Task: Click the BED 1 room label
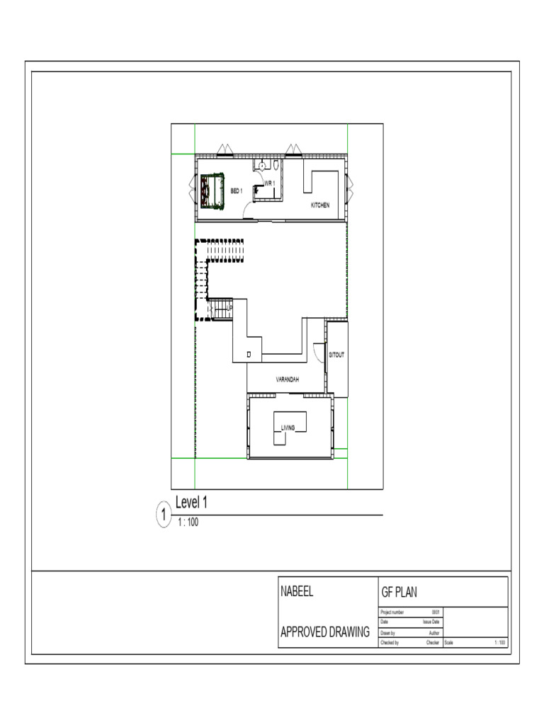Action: (236, 190)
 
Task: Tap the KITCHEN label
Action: (320, 205)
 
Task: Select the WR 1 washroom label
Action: (269, 183)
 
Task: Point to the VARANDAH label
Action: (287, 380)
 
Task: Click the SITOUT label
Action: (336, 355)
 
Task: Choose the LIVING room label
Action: (288, 428)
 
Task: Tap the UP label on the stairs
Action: (231, 307)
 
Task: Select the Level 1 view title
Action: (191, 503)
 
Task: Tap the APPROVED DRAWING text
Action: (325, 632)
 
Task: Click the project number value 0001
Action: (436, 612)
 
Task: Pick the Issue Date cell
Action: (431, 622)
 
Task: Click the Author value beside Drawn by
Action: (434, 632)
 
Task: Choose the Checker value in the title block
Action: (433, 643)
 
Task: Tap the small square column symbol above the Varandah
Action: (249, 353)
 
